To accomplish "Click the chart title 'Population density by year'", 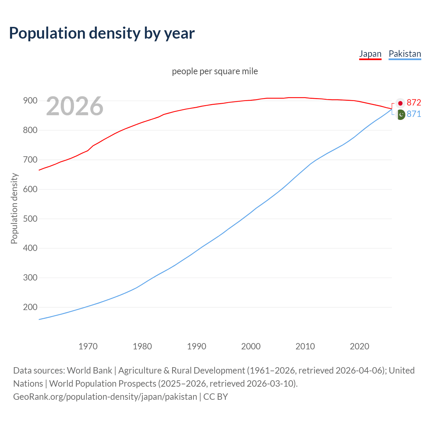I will coord(102,33).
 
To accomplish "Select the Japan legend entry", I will coord(370,54).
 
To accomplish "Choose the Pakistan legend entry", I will coord(404,54).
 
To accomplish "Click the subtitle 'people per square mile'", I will coord(215,71).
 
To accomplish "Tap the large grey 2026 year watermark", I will coord(75,106).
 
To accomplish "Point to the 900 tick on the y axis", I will coord(30,101).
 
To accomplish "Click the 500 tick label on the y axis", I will coord(30,219).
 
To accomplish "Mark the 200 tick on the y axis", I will coord(30,307).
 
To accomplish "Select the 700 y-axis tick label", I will coord(30,160).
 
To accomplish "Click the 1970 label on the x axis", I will coord(88,346).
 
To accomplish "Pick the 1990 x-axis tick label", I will coord(197,346).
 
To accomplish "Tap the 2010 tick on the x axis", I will coord(305,346).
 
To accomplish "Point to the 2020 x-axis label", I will coord(359,346).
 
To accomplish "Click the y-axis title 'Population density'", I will coord(14,208).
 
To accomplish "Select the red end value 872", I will coord(414,102).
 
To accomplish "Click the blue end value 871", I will coord(414,114).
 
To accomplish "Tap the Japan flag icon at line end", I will coord(400,103).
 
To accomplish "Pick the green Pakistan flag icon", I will coord(400,115).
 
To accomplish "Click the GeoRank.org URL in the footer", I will coord(105,397).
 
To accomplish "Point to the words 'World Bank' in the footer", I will coord(89,371).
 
